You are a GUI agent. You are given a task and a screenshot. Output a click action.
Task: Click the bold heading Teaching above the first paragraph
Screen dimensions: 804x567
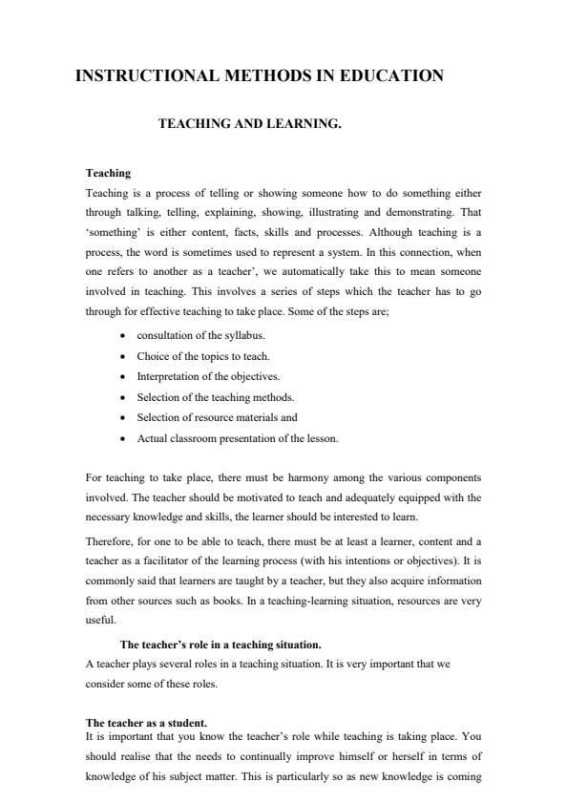click(x=107, y=173)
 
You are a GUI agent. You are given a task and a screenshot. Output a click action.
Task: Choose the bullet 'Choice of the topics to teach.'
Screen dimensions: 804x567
click(x=202, y=356)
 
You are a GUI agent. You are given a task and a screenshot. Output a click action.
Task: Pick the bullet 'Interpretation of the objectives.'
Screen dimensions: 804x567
click(x=208, y=377)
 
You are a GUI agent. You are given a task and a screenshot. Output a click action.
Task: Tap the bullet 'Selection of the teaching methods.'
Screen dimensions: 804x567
click(x=215, y=397)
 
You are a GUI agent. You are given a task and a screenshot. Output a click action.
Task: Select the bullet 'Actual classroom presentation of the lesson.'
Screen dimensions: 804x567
click(x=238, y=439)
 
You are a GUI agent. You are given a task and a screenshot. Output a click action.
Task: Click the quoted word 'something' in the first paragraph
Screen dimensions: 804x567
click(x=114, y=233)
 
